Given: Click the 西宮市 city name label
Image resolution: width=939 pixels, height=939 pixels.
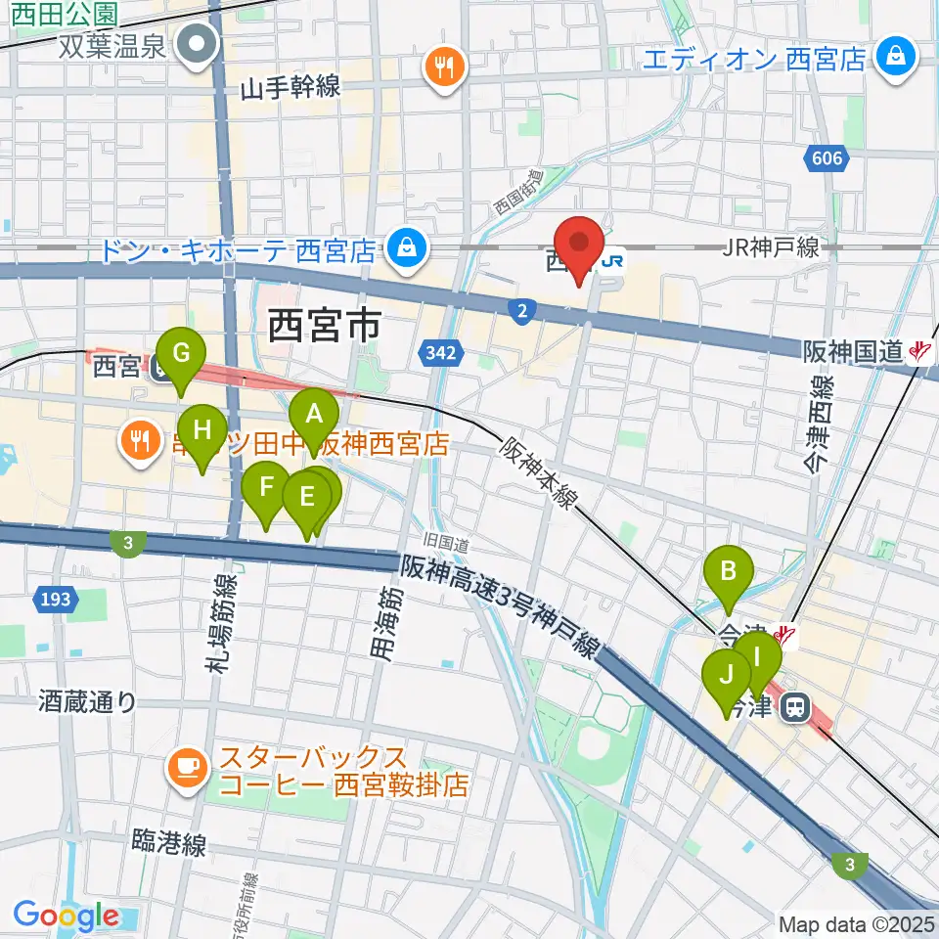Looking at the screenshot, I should click(324, 327).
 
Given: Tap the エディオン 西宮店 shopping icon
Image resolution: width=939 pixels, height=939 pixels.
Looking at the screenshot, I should click(895, 59).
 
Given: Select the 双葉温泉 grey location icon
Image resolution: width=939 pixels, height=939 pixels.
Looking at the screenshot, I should click(199, 45).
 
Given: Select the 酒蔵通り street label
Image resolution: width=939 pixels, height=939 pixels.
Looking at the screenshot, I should click(87, 701).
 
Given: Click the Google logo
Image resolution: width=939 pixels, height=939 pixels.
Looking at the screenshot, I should click(67, 916).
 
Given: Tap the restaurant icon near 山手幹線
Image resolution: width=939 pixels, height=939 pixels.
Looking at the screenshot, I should click(446, 68).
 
